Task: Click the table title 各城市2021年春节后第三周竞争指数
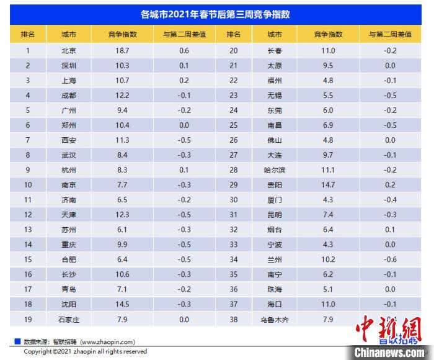tap(216, 13)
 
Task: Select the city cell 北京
tap(69, 51)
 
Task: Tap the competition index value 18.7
tap(122, 51)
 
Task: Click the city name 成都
tap(69, 96)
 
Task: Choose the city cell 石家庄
tap(69, 320)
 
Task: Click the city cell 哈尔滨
tap(274, 170)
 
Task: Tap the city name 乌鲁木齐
tap(274, 320)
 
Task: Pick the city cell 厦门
tap(274, 200)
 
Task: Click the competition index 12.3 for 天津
tap(122, 215)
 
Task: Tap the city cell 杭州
tap(69, 170)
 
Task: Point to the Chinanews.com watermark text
tap(389, 352)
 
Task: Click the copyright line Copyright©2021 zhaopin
tap(86, 351)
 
